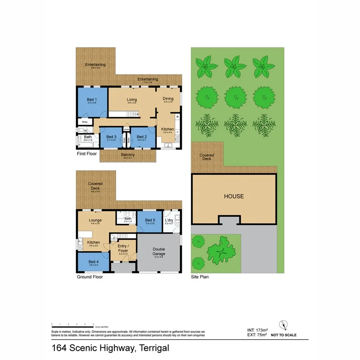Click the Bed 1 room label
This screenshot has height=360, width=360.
click(92, 100)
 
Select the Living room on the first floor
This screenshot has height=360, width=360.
click(132, 100)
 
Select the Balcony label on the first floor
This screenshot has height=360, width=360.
click(128, 155)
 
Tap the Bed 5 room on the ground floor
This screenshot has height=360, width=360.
click(150, 220)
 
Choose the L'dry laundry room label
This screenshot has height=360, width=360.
click(169, 220)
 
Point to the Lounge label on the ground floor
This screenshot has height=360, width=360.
click(95, 220)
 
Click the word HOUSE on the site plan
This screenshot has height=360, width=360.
click(234, 196)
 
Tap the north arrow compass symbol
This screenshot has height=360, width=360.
click(283, 324)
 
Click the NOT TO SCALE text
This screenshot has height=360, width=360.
click(284, 335)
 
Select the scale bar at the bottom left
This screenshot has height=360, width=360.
click(72, 324)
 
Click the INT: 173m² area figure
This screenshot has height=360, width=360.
click(257, 330)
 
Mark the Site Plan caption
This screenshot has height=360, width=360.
click(200, 277)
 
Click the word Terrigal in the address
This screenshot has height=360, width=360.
click(154, 348)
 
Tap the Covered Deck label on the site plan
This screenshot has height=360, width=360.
click(206, 157)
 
